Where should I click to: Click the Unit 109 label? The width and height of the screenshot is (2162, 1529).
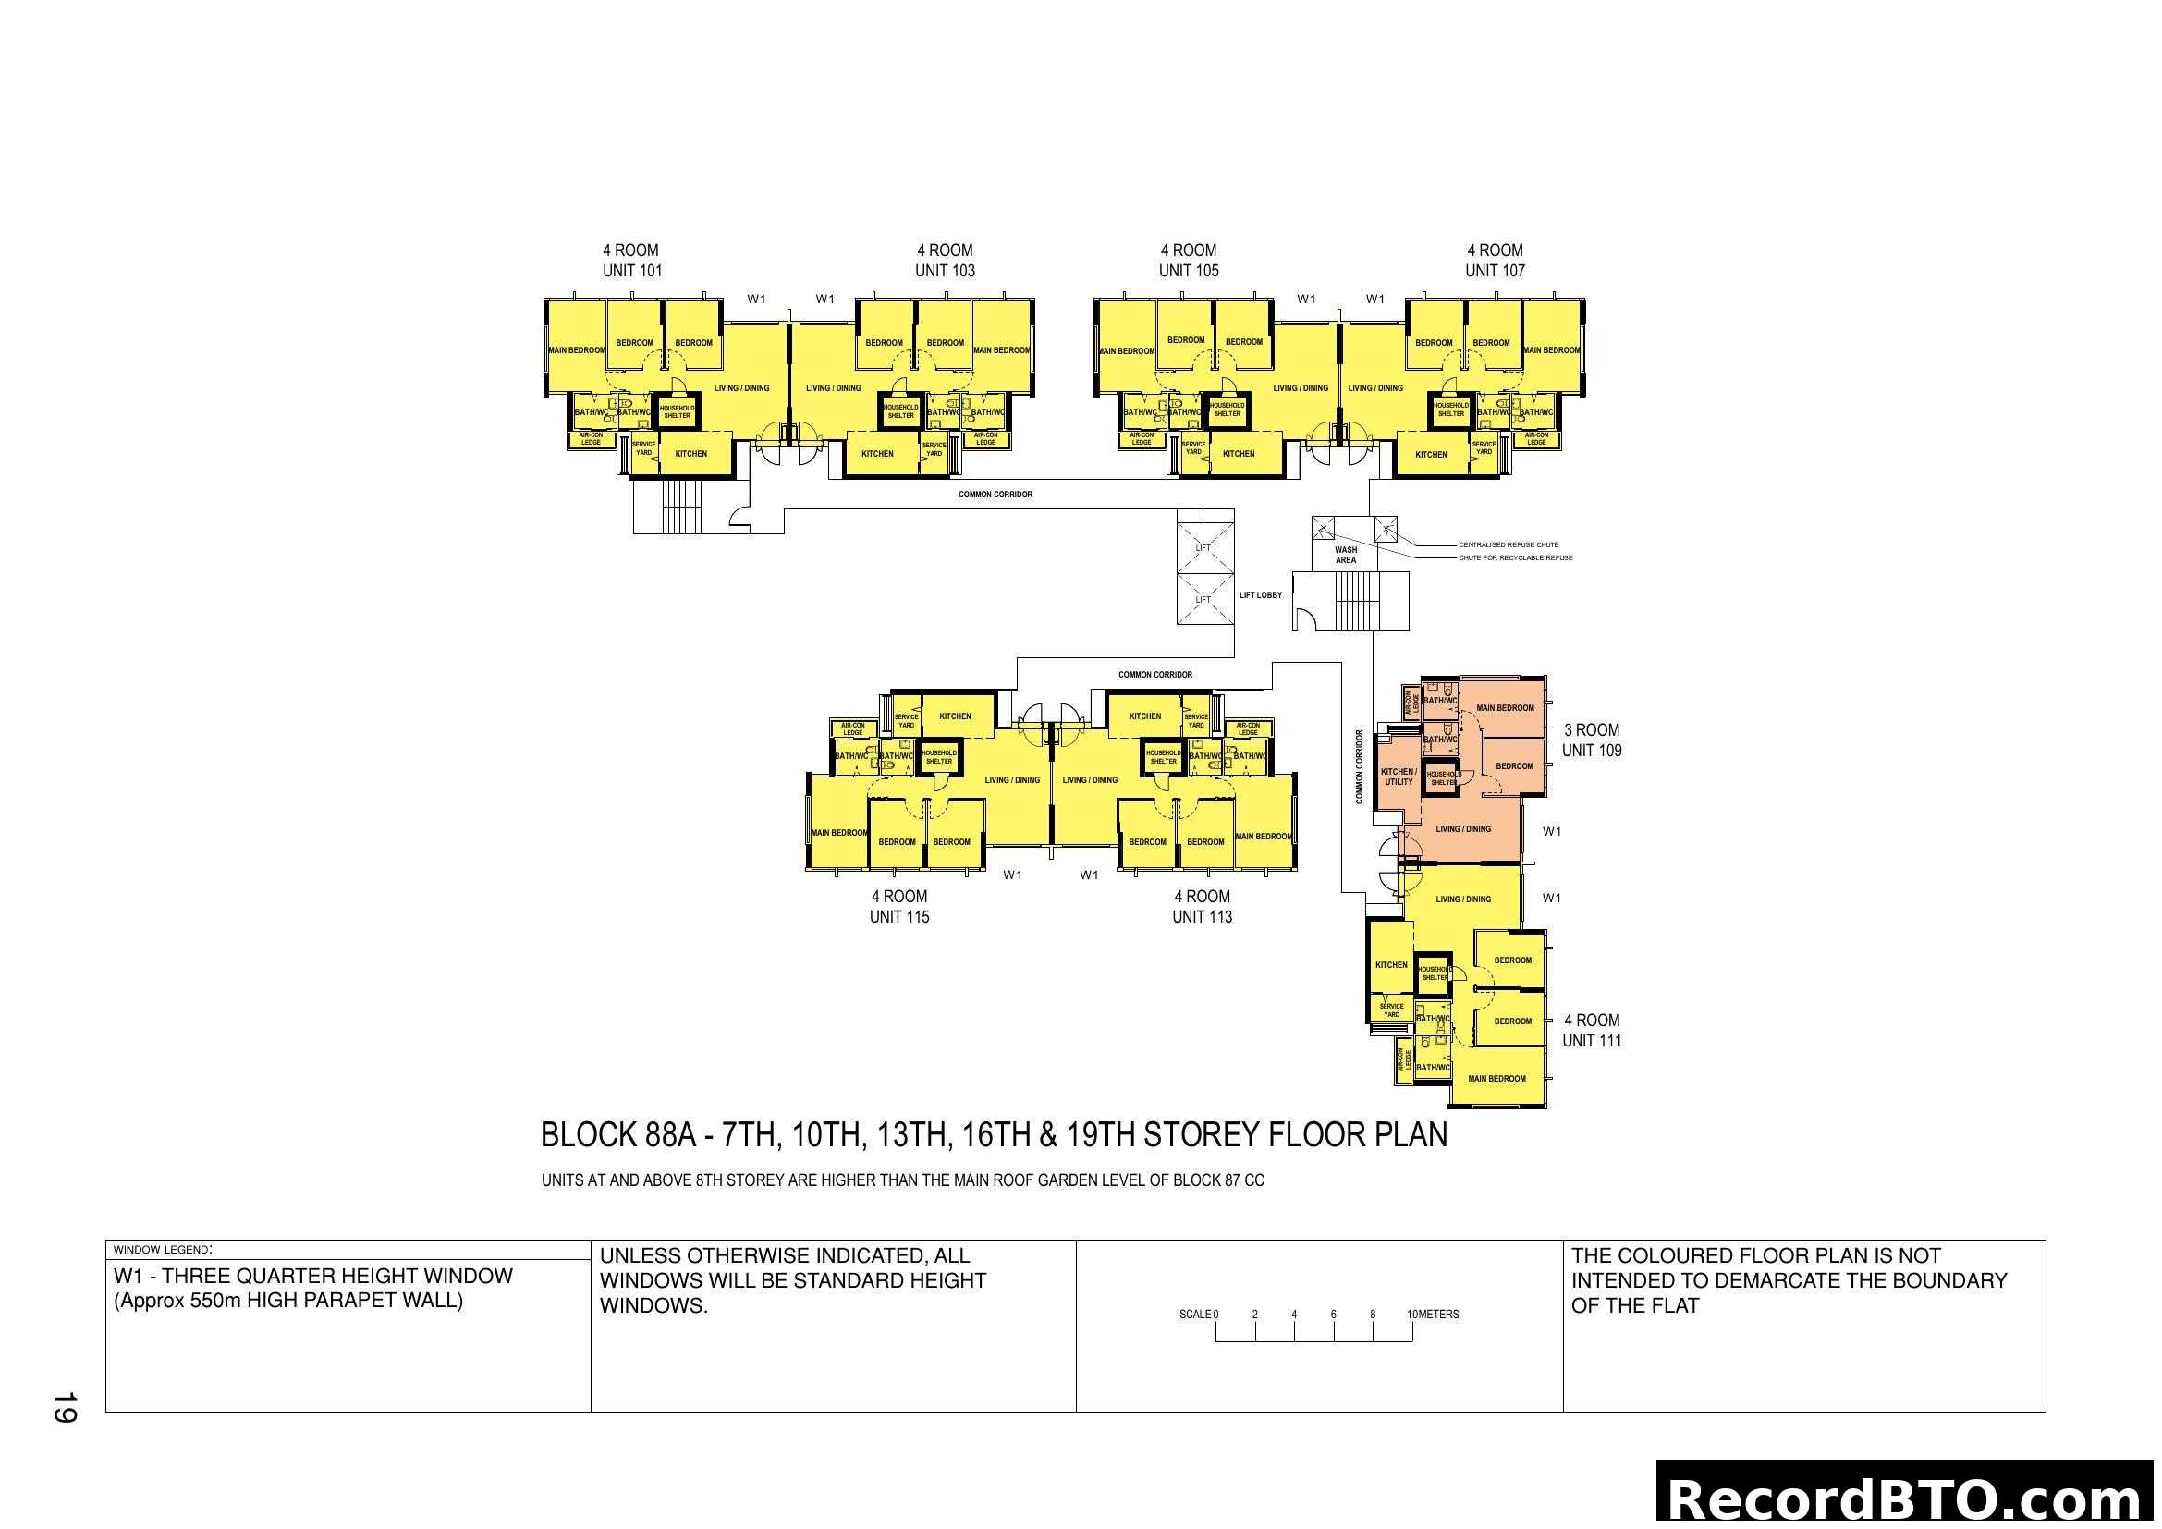[x=1592, y=751]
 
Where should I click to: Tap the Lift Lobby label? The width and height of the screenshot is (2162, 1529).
[x=1260, y=595]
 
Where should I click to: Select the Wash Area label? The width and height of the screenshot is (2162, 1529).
[x=1346, y=555]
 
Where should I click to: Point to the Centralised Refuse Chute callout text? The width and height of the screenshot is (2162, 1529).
[x=1508, y=544]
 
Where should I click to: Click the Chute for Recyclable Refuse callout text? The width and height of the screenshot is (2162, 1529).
[x=1515, y=557]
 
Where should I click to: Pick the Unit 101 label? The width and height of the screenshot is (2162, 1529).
[x=632, y=270]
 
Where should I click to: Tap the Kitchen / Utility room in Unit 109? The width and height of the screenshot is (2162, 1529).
[x=1399, y=776]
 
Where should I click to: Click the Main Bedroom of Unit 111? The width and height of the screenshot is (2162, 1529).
[x=1496, y=1078]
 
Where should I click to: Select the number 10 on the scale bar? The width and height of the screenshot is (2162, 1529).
[x=1412, y=1315]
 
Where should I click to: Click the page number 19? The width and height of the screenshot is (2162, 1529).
[x=64, y=1408]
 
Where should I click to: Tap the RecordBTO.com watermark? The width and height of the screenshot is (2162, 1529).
[x=1907, y=1498]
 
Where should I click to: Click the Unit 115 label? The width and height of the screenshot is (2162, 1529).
[x=899, y=917]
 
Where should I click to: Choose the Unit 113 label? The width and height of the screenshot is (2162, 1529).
[x=1202, y=917]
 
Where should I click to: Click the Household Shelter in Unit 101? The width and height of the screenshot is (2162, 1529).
[x=676, y=411]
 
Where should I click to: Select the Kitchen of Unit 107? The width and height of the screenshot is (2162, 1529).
[x=1430, y=455]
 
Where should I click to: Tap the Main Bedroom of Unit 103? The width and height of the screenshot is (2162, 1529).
[x=1001, y=350]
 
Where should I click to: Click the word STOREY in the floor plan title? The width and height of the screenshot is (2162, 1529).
[x=1203, y=1135]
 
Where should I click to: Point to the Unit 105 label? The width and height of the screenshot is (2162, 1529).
[x=1189, y=270]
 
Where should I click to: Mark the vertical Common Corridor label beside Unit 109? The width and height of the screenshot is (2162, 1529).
[x=1359, y=766]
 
